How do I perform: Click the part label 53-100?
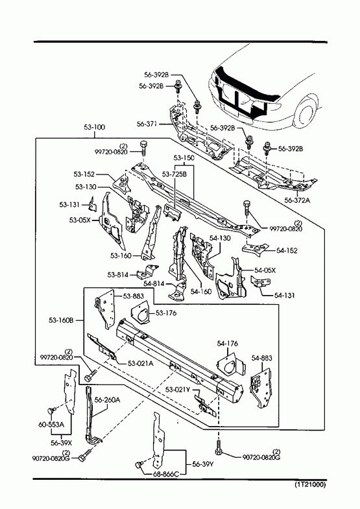[95, 127]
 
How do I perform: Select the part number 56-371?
[147, 124]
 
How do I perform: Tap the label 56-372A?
[297, 200]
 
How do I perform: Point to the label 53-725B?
[174, 174]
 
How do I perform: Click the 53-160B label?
[62, 320]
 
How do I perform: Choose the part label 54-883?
[261, 358]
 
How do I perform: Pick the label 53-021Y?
[178, 390]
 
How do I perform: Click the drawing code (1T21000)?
[310, 485]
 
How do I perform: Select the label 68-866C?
[166, 474]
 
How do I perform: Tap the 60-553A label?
[52, 425]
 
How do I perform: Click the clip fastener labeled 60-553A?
[51, 411]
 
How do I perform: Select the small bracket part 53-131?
[93, 204]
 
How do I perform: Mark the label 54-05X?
[265, 270]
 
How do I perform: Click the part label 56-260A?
[107, 399]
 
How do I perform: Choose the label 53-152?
[84, 174]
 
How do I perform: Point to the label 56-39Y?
[203, 464]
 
